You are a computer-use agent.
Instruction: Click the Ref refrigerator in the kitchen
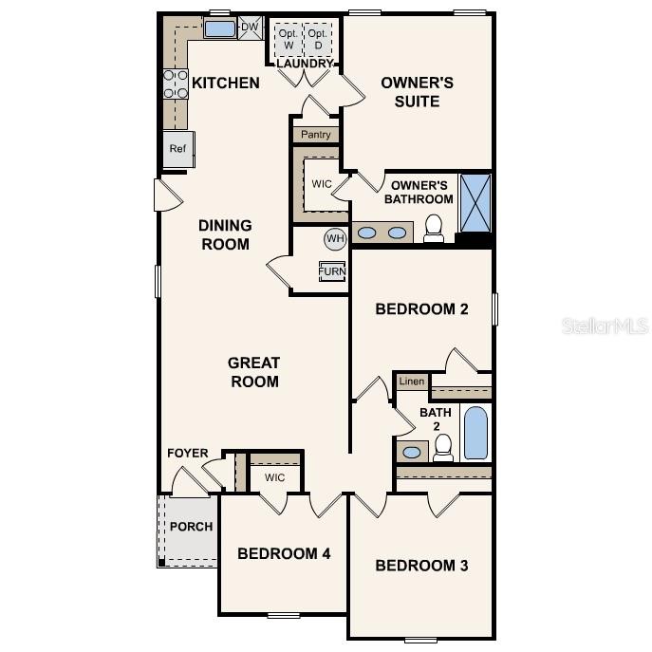(x=178, y=149)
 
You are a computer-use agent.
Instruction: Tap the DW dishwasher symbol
(x=250, y=28)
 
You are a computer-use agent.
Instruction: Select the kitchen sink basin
(x=220, y=28)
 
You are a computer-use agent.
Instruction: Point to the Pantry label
(x=316, y=135)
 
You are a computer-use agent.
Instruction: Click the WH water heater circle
(x=335, y=238)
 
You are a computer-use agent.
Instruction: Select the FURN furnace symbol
(x=332, y=271)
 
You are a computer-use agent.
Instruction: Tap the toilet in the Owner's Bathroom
(x=434, y=228)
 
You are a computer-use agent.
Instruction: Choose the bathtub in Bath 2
(x=475, y=434)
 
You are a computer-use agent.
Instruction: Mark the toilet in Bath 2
(x=443, y=448)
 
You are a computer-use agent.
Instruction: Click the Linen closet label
(x=411, y=382)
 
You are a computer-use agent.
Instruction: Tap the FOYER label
(x=188, y=454)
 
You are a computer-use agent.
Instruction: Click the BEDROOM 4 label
(x=284, y=553)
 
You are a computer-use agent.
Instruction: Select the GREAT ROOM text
(x=253, y=372)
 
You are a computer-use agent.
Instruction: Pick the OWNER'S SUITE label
(x=417, y=91)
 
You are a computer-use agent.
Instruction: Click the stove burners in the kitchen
(x=176, y=84)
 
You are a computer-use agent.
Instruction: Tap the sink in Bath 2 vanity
(x=412, y=453)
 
